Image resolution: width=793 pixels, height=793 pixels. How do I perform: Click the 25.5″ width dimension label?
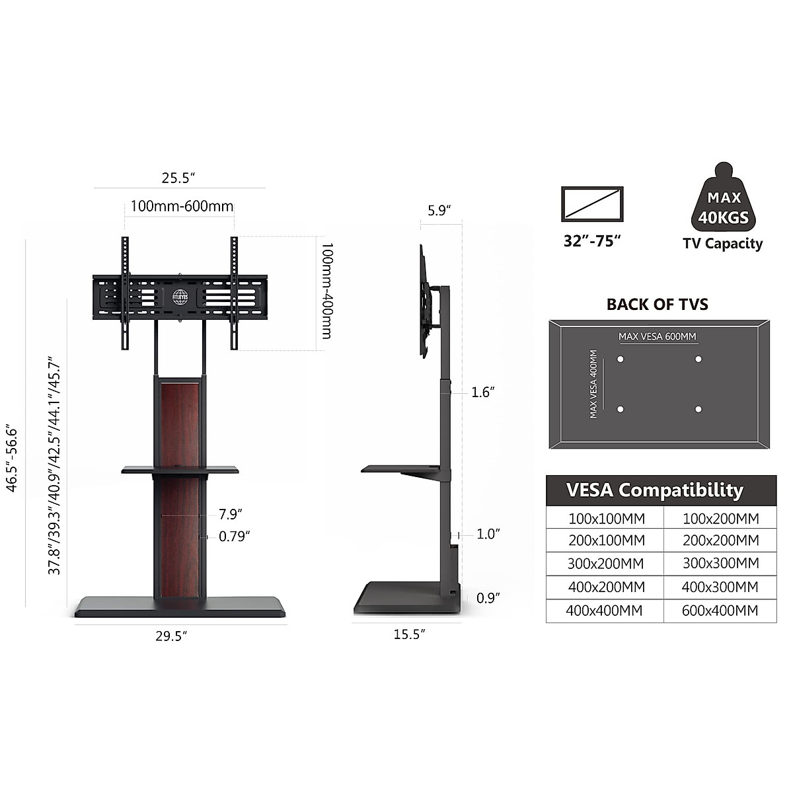pyautogui.click(x=178, y=178)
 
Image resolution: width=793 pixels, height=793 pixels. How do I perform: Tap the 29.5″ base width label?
pyautogui.click(x=171, y=636)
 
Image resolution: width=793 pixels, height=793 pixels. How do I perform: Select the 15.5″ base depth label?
pyautogui.click(x=409, y=634)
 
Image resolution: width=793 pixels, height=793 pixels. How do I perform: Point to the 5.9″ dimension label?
pyautogui.click(x=439, y=211)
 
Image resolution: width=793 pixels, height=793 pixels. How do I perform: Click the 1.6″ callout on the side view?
pyautogui.click(x=482, y=392)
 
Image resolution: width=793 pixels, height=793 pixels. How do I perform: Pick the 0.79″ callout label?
pyautogui.click(x=234, y=537)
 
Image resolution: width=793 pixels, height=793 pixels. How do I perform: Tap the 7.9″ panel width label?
pyautogui.click(x=230, y=514)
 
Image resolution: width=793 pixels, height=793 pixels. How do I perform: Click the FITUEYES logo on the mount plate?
pyautogui.click(x=180, y=297)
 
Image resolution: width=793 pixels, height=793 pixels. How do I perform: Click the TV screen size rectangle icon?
pyautogui.click(x=592, y=204)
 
